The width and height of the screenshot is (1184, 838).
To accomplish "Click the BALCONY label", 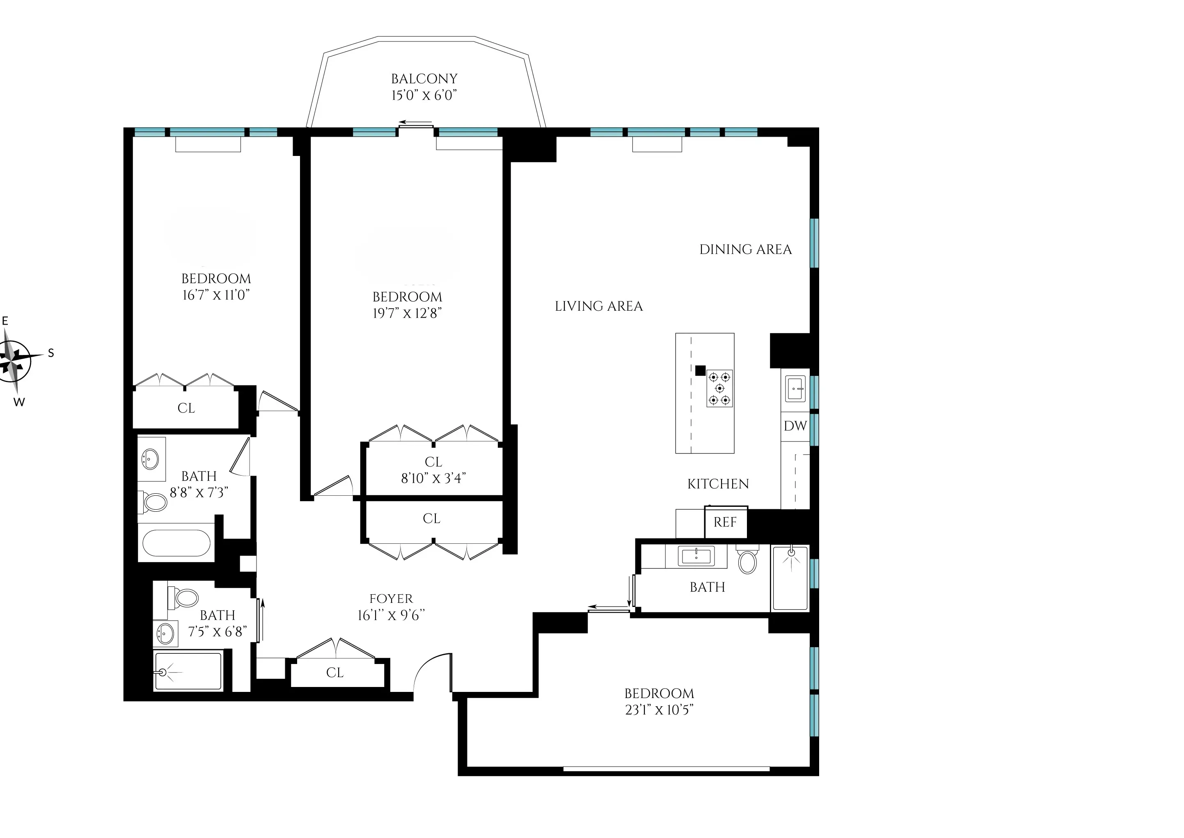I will [424, 79].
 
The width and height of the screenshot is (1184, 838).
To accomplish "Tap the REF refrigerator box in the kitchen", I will [725, 522].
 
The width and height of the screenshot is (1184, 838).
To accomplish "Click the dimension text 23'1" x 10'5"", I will [659, 710].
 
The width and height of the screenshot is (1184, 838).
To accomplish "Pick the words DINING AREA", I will [745, 250].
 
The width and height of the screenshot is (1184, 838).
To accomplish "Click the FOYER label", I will [391, 599].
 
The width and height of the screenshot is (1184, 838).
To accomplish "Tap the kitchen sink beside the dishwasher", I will [795, 389].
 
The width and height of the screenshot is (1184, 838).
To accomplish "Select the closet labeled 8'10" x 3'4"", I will [433, 470].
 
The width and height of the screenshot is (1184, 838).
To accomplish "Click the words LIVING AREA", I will [598, 307].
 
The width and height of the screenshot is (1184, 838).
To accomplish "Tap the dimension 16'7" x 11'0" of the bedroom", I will [216, 295].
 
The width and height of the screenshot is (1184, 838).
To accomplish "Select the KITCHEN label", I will [718, 484].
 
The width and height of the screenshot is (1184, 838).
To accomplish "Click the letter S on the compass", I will [50, 353].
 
